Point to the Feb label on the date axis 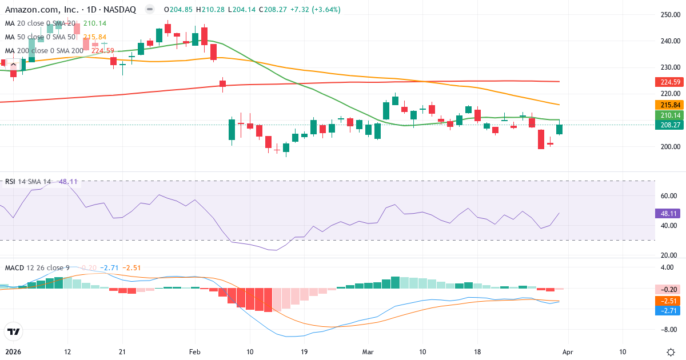[195, 351]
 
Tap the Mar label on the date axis [367, 351]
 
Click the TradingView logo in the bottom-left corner [13, 331]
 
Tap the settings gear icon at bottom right [672, 351]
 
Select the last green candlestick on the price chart [559, 130]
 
